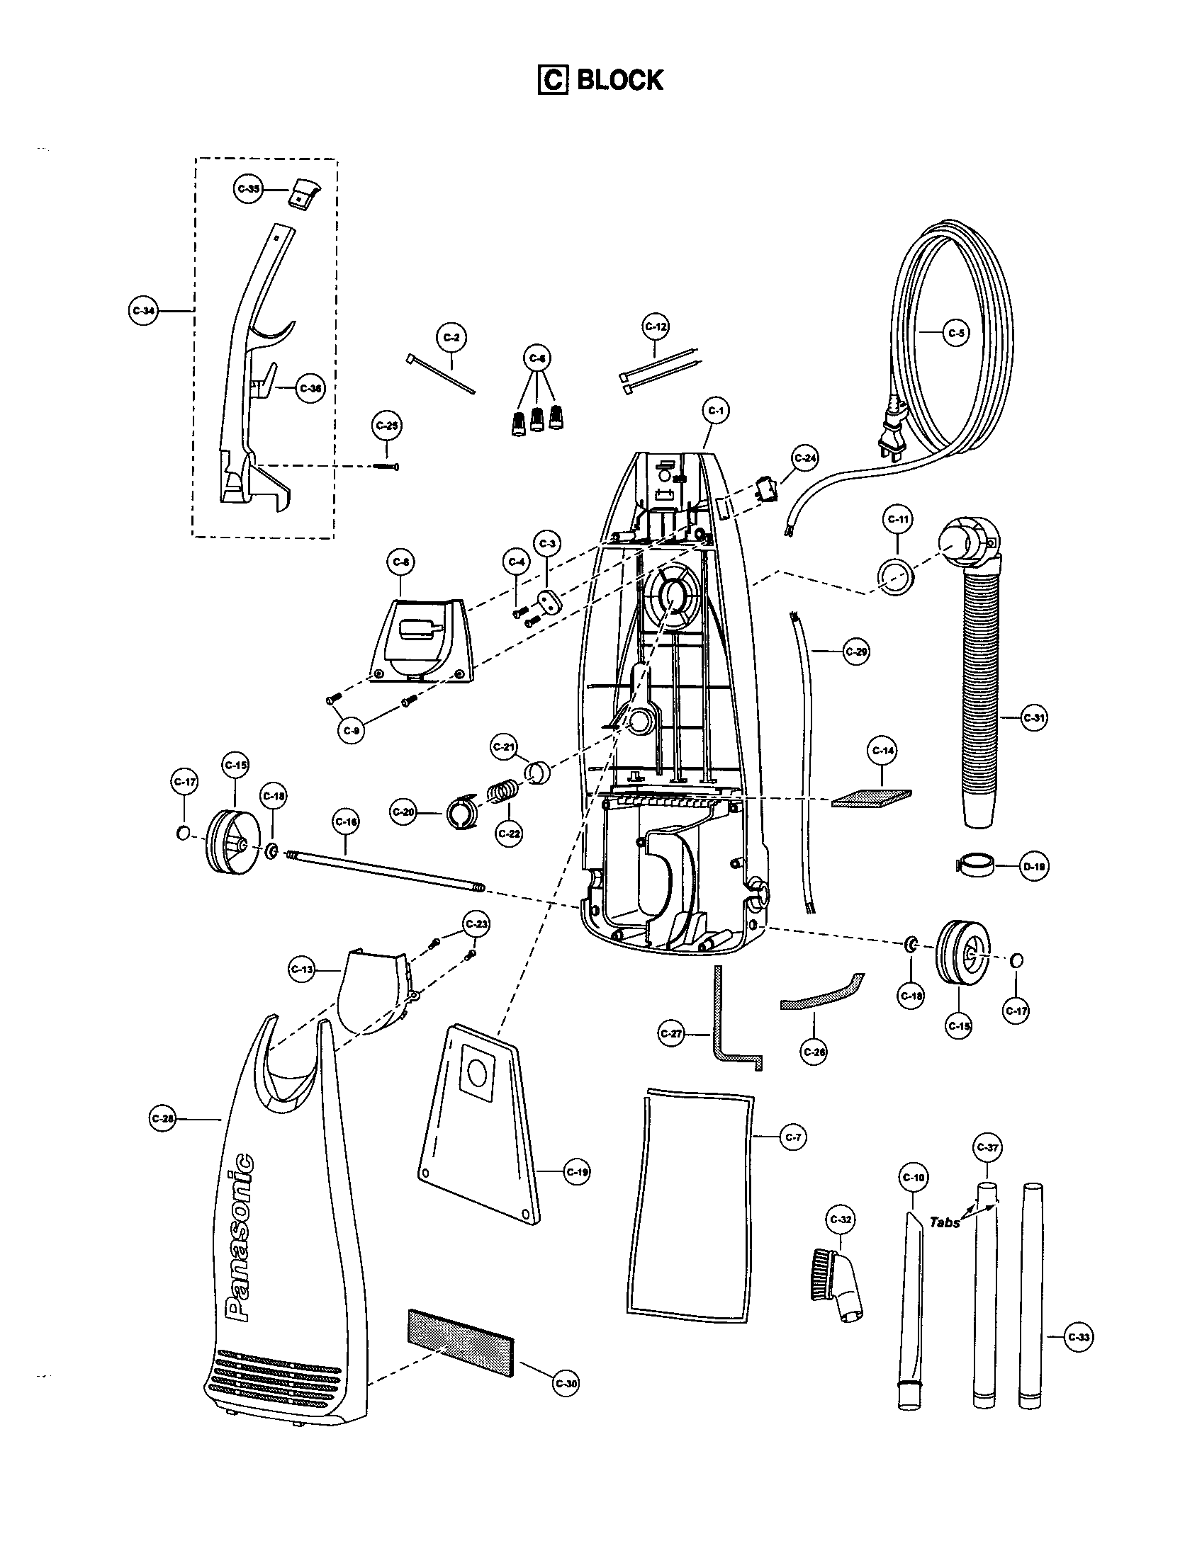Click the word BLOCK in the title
pos(619,80)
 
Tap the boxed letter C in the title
pos(552,80)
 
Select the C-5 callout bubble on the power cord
pos(956,333)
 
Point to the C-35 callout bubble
pos(248,188)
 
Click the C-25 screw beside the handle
pos(386,467)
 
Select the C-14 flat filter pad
pos(872,797)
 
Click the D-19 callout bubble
pos(1033,868)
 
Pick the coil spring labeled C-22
pos(502,792)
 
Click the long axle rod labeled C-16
pos(386,870)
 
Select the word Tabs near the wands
pos(944,1222)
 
